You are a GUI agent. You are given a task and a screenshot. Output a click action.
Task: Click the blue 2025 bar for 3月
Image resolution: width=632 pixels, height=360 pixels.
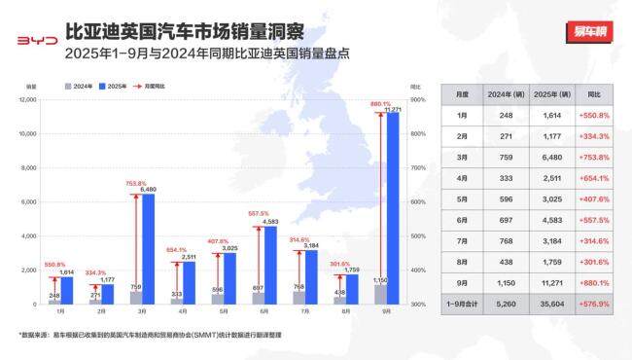(148, 249)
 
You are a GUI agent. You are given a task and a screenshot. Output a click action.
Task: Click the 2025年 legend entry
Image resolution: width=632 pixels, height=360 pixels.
(114, 87)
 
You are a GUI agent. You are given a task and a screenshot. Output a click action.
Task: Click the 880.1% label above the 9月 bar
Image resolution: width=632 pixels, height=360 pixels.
(380, 103)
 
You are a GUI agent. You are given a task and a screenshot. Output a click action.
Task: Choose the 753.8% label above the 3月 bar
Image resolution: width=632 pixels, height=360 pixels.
(135, 183)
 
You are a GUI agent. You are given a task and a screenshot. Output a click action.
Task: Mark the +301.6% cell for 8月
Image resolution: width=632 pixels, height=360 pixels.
(593, 261)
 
